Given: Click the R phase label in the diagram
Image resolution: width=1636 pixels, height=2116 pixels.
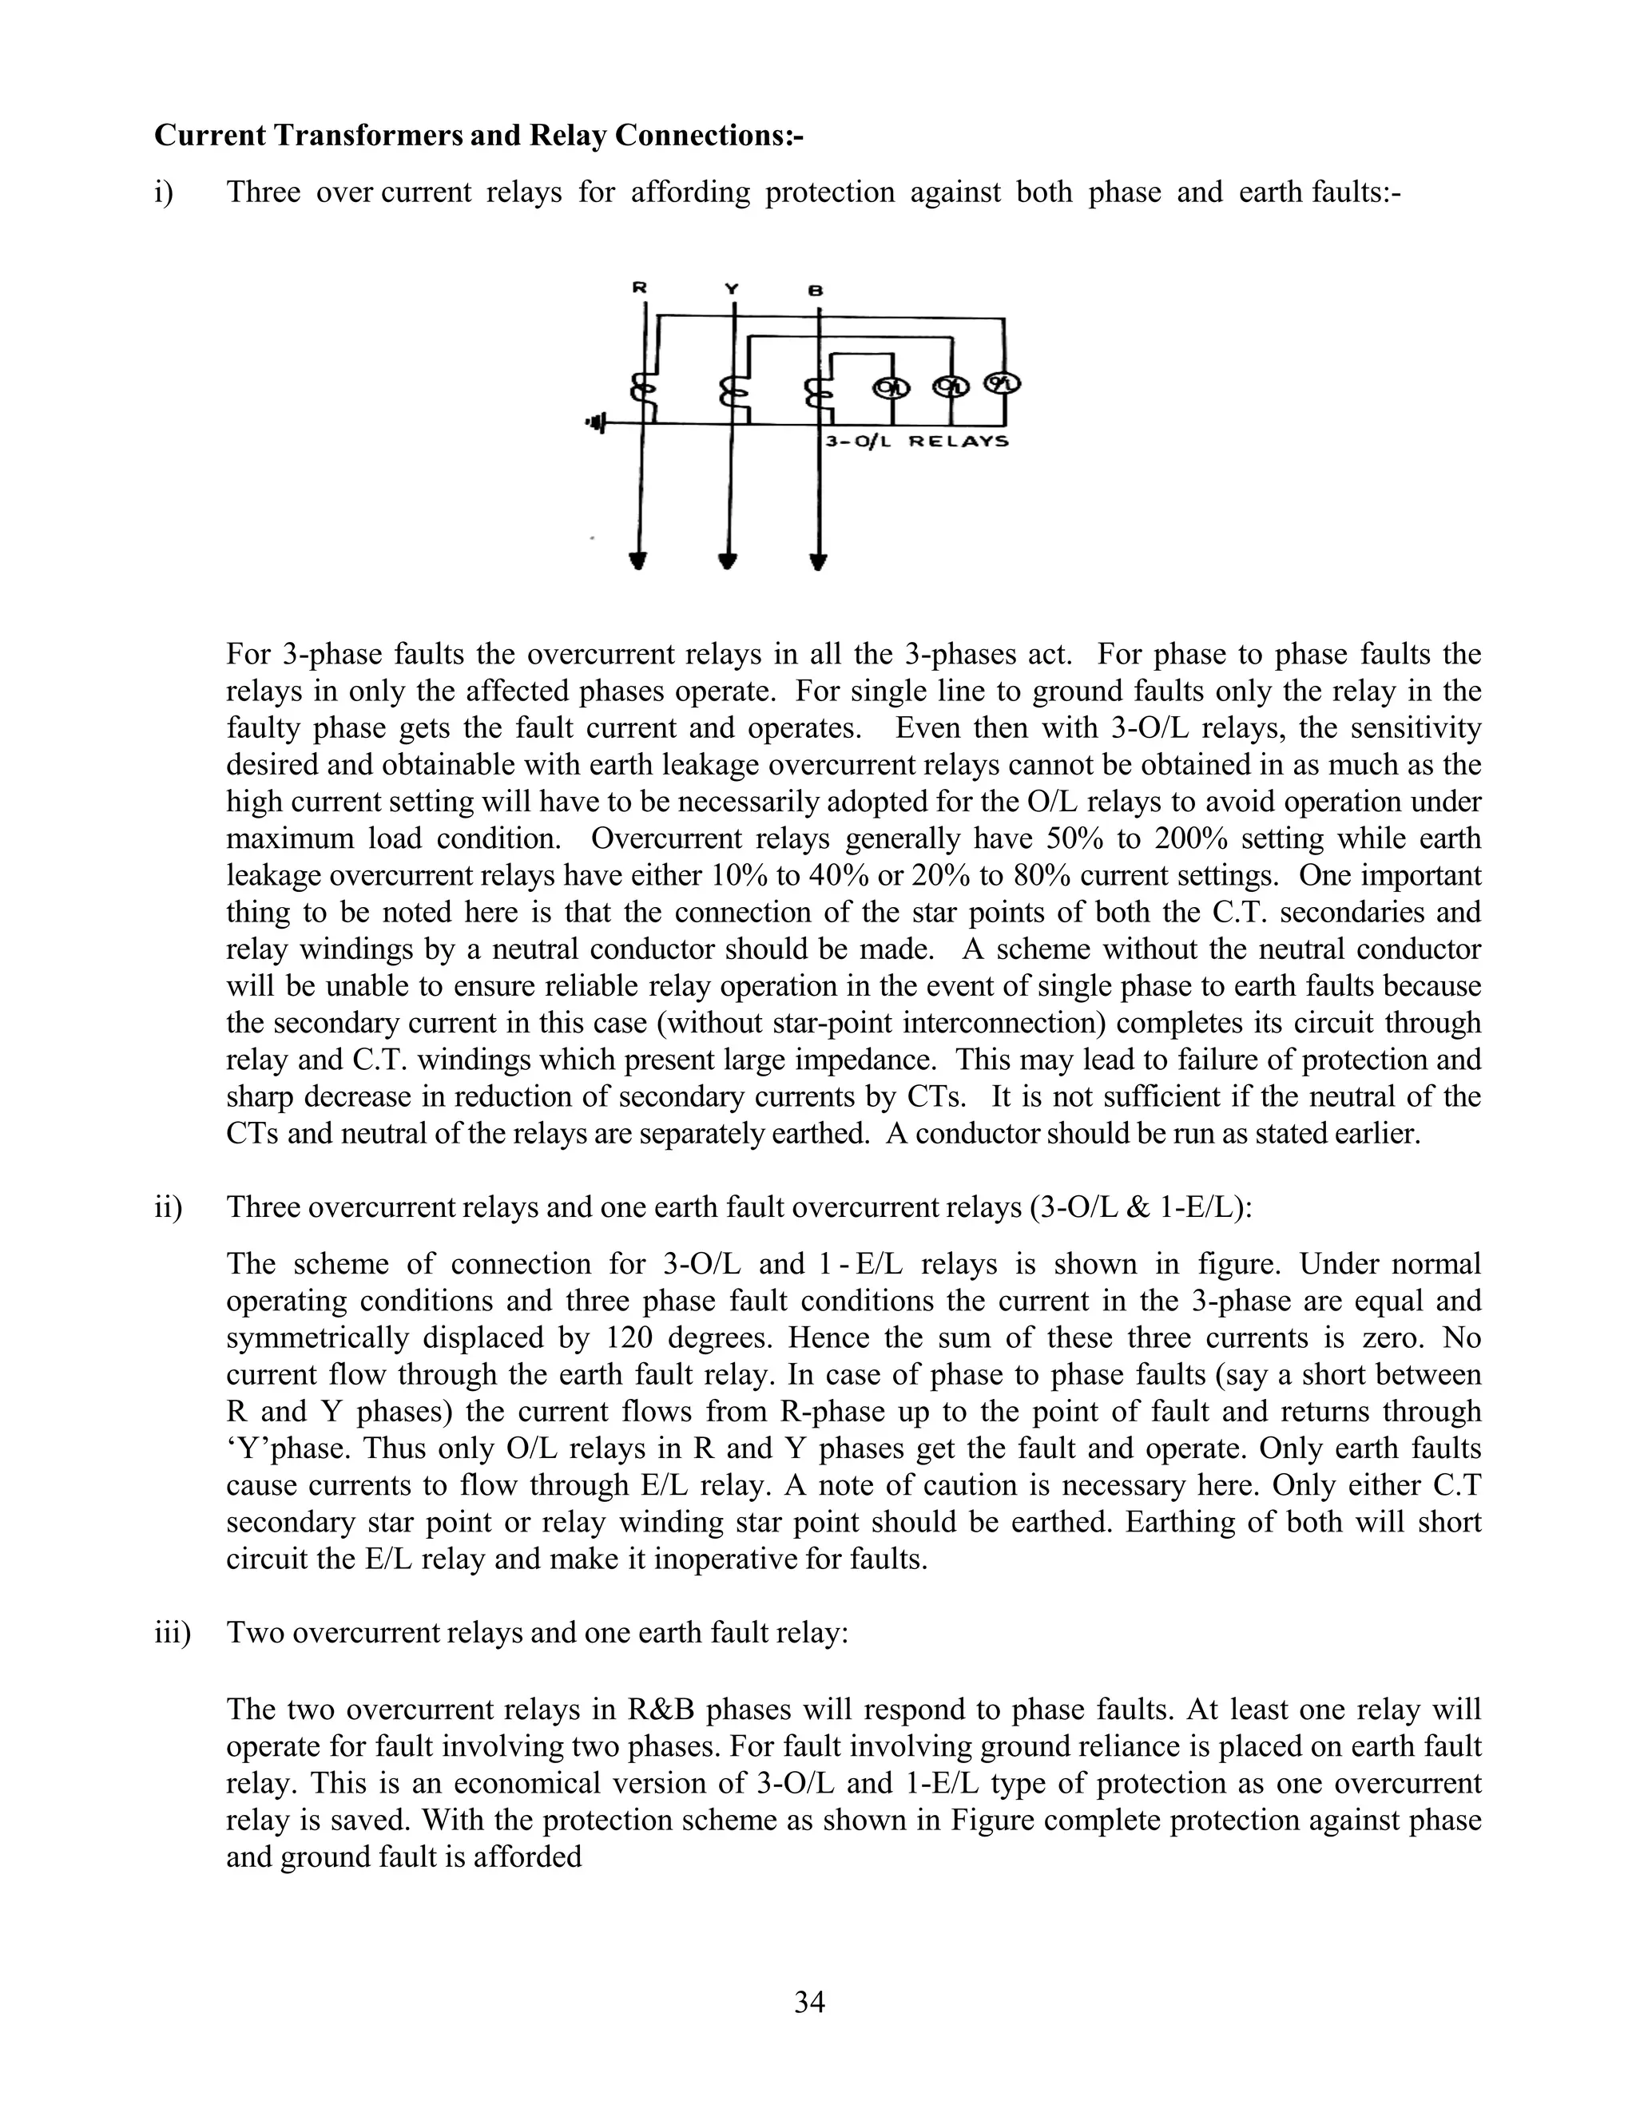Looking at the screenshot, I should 639,287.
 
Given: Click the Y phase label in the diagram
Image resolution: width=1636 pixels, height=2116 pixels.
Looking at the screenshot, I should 732,289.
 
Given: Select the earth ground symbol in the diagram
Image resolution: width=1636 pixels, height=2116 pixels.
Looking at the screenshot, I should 596,423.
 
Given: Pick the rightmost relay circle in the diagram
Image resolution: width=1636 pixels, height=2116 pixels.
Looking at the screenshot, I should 1003,383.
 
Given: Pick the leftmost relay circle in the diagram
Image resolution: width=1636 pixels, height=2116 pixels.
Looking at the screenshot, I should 891,386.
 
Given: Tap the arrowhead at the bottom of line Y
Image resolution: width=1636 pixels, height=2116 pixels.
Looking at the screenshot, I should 729,561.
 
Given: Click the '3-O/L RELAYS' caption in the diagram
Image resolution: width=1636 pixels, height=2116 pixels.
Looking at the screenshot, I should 917,442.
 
